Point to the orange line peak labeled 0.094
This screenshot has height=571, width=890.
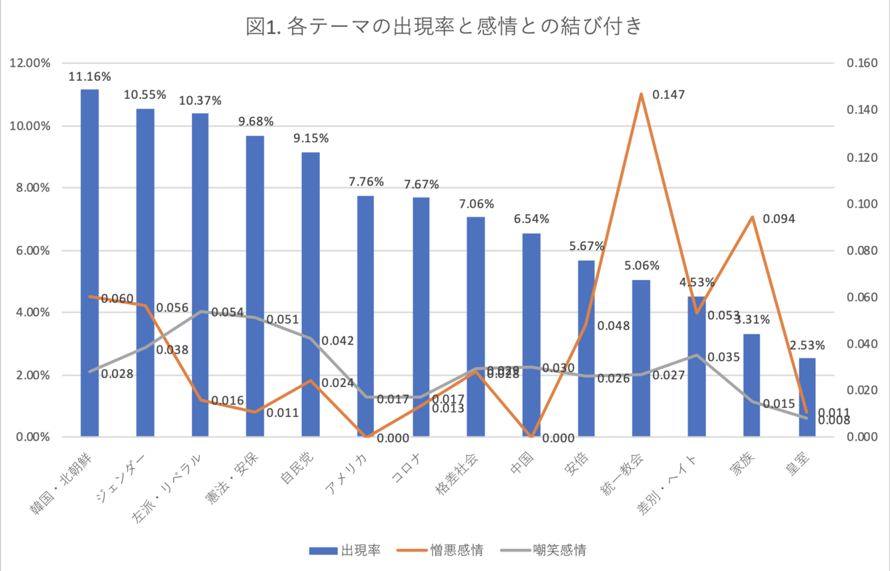[752, 217]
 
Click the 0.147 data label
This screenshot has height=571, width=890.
[668, 94]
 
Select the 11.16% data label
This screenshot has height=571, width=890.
[90, 76]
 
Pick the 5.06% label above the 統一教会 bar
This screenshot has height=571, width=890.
[640, 265]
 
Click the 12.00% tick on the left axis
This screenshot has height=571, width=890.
[30, 63]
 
